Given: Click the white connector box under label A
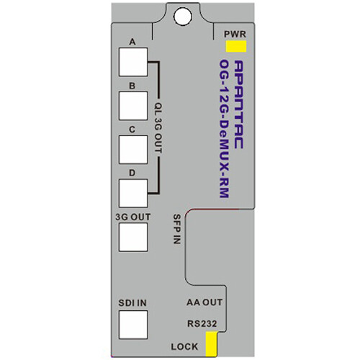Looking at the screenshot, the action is (x=133, y=62).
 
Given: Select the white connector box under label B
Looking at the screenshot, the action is (x=133, y=106).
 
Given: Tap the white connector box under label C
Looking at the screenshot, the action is (x=133, y=150).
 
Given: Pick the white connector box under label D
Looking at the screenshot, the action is (x=133, y=194).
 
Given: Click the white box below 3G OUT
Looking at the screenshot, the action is (x=133, y=237).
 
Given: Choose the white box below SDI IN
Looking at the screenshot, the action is (x=133, y=325).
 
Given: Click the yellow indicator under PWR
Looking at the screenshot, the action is (x=236, y=46).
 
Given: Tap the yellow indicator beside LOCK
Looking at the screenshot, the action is (x=212, y=343).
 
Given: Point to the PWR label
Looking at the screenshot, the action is (x=235, y=34).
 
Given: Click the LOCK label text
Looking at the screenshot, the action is (x=184, y=346).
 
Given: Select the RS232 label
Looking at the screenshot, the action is (x=202, y=323).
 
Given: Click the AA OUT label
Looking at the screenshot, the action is (x=204, y=302).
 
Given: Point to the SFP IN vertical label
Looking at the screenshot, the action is (x=177, y=229).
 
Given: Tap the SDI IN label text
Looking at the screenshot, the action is (x=132, y=303).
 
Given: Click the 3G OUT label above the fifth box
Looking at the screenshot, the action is (x=133, y=217).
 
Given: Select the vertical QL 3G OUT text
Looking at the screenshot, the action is (x=158, y=128).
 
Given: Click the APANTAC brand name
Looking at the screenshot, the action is (x=238, y=104).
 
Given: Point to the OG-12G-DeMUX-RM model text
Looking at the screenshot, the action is (x=224, y=129).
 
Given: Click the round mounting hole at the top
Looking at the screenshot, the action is (x=183, y=17).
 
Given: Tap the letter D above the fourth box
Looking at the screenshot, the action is (x=132, y=173).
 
